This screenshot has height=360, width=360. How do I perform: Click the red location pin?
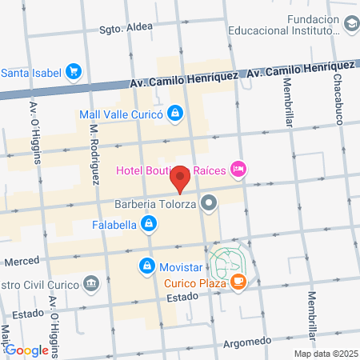[181, 178]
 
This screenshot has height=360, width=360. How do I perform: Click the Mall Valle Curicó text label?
[121, 114]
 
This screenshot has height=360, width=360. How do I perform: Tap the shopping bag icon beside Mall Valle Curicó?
[176, 113]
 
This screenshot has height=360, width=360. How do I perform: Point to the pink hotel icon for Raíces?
[238, 168]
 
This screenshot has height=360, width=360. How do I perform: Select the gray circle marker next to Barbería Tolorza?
[210, 203]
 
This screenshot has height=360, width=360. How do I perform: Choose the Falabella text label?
[115, 226]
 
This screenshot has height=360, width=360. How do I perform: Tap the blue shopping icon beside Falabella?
[148, 226]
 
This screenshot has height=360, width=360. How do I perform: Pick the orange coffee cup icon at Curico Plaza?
[238, 282]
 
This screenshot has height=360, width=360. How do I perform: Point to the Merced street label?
[22, 262]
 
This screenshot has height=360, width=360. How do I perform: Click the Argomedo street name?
[247, 321]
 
